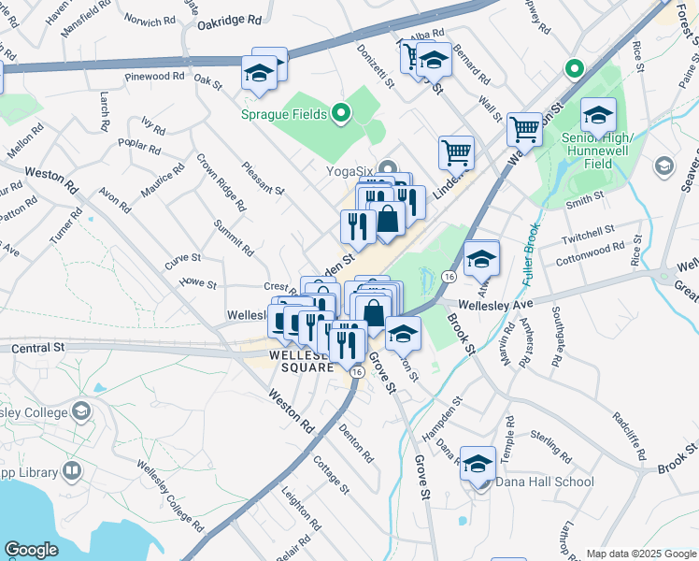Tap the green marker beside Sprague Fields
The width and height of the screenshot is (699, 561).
341,115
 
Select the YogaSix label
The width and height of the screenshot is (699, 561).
349,171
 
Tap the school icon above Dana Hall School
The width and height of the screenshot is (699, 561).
478,463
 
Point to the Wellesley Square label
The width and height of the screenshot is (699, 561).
301,361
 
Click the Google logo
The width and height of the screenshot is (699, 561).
31,550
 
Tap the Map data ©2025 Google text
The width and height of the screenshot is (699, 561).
639,554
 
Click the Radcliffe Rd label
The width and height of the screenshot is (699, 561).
629,436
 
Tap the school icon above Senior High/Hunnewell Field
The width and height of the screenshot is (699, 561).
598,115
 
